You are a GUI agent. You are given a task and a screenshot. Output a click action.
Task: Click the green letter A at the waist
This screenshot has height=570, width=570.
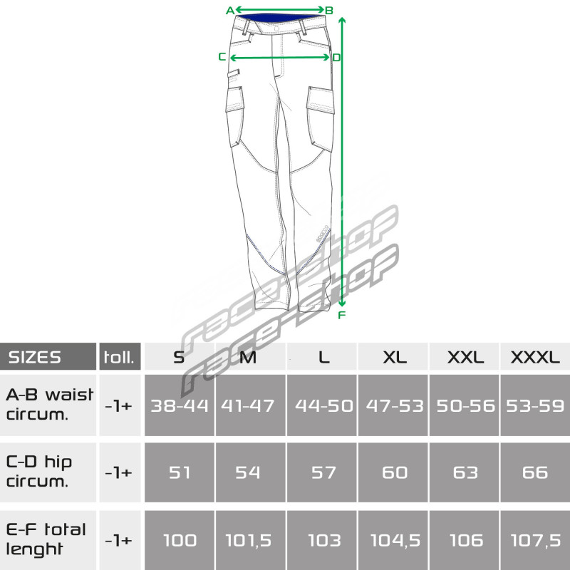[229, 11]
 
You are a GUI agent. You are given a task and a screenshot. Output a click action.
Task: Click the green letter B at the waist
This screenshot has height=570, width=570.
[329, 11]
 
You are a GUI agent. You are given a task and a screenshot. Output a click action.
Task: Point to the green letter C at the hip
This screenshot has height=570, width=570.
[222, 57]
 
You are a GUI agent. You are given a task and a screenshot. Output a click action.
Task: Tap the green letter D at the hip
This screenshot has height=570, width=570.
[336, 58]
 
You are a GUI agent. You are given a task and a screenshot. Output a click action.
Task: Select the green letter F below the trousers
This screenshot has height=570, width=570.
[341, 315]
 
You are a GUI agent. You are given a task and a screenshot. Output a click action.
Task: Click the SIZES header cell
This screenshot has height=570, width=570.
[48, 357]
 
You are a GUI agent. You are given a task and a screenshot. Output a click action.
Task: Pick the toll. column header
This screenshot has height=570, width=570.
[120, 357]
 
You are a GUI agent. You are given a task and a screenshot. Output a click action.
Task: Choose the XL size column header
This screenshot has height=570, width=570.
[394, 358]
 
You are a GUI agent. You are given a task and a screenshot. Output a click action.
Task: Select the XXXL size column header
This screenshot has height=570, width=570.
[535, 358]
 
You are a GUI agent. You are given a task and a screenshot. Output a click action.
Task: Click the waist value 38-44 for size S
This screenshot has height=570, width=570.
[180, 405]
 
